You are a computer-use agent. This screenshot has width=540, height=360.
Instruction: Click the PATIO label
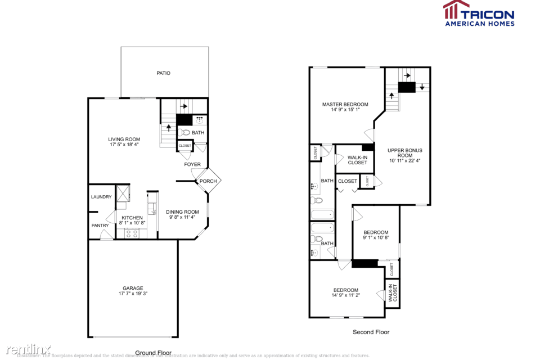coord(163,73)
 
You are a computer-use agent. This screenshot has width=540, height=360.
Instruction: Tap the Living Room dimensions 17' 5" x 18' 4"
coord(124,145)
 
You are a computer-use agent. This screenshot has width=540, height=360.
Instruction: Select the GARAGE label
coord(133,288)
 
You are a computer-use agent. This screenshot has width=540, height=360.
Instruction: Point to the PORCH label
coord(208,181)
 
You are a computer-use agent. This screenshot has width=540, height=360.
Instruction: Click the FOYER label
coord(192,165)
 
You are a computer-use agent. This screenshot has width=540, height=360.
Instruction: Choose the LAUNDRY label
coord(101,197)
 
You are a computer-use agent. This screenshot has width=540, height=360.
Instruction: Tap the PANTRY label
coord(100,226)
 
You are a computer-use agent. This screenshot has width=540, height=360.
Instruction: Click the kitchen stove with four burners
coord(132,233)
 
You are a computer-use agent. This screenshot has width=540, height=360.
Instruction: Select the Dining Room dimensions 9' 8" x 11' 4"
coord(183,218)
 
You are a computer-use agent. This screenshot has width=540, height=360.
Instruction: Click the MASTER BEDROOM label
coord(345,104)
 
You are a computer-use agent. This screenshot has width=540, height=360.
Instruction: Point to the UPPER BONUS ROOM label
coord(404,153)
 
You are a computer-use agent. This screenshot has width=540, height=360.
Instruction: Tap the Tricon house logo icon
coord(456,10)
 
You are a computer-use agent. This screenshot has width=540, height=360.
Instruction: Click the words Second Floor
coord(371,332)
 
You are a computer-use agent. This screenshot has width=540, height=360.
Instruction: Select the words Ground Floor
coord(153,352)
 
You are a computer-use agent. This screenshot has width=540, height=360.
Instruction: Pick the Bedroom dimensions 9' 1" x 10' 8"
coord(375,238)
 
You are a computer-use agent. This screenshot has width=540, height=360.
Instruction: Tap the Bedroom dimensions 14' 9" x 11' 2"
coord(345,296)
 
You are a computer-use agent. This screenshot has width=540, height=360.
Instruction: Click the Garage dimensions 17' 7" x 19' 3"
coord(133,294)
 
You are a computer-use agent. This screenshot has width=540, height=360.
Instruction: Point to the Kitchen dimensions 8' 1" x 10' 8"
coord(132,223)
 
